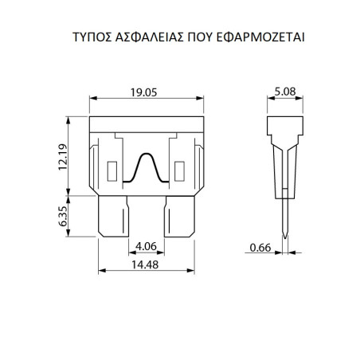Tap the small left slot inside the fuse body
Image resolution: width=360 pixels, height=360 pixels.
112,171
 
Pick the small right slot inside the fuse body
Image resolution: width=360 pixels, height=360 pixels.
179,171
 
